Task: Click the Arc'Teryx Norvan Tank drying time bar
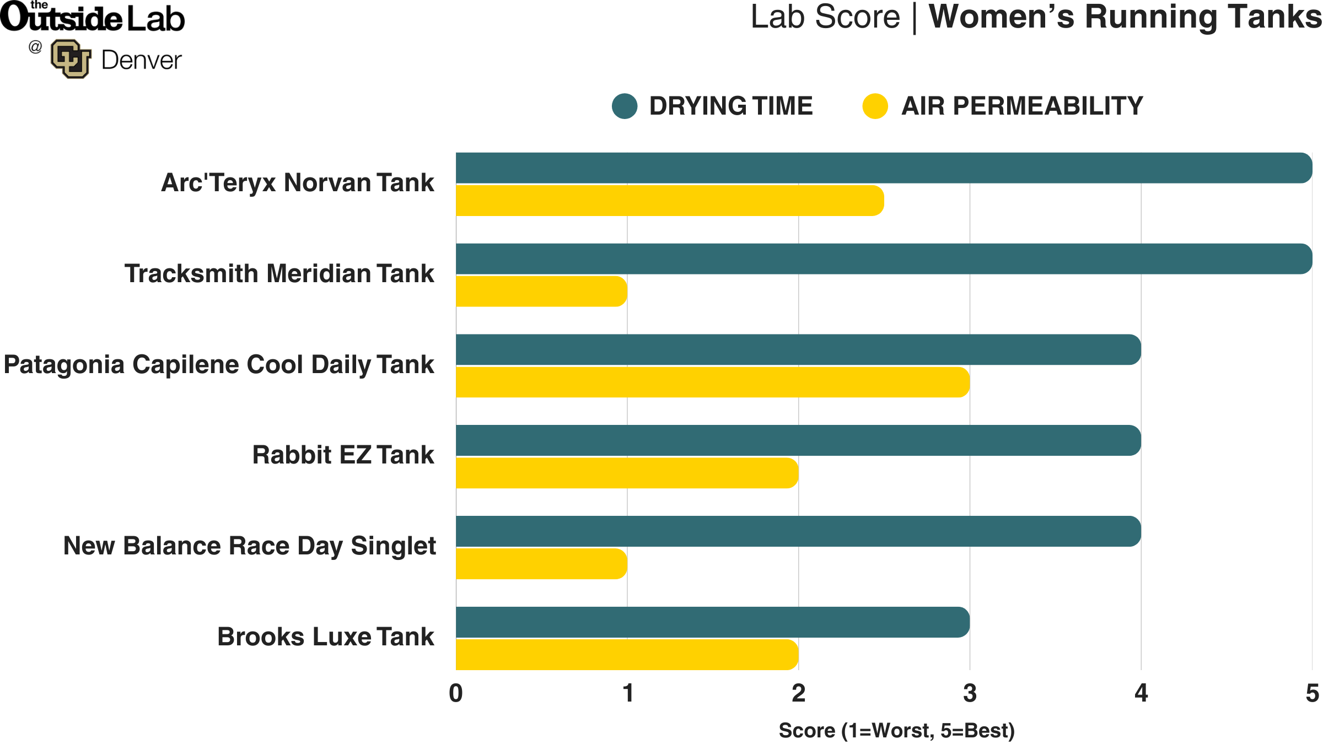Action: point(882,168)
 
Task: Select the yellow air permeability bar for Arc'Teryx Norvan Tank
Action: point(670,201)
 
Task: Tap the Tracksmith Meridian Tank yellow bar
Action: point(541,292)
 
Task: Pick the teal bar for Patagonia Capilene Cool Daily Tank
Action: point(798,349)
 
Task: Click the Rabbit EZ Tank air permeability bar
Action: point(627,473)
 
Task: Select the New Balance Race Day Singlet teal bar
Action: point(798,531)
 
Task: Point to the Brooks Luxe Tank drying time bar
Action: point(712,622)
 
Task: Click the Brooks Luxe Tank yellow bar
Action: point(627,655)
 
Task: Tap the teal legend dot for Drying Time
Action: point(625,106)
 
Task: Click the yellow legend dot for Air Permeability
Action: point(875,106)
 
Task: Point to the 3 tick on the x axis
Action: point(970,693)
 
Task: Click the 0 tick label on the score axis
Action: point(456,693)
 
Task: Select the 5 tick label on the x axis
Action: point(1312,693)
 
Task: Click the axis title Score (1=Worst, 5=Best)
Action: point(896,731)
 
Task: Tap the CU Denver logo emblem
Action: point(71,59)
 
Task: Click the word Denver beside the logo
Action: point(141,60)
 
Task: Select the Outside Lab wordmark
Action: point(93,18)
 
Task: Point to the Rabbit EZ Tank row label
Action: point(343,455)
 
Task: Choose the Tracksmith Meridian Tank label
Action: point(279,274)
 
